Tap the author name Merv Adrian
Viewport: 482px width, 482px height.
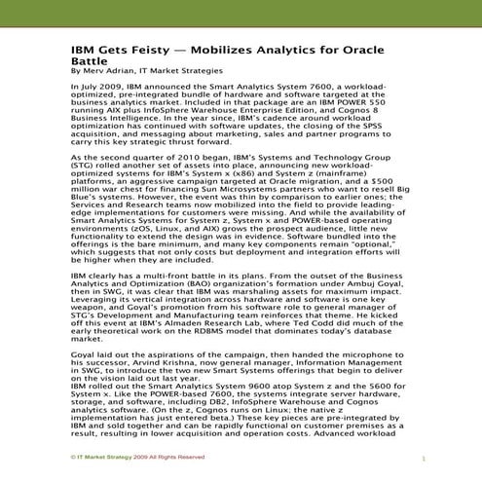(x=114, y=70)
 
